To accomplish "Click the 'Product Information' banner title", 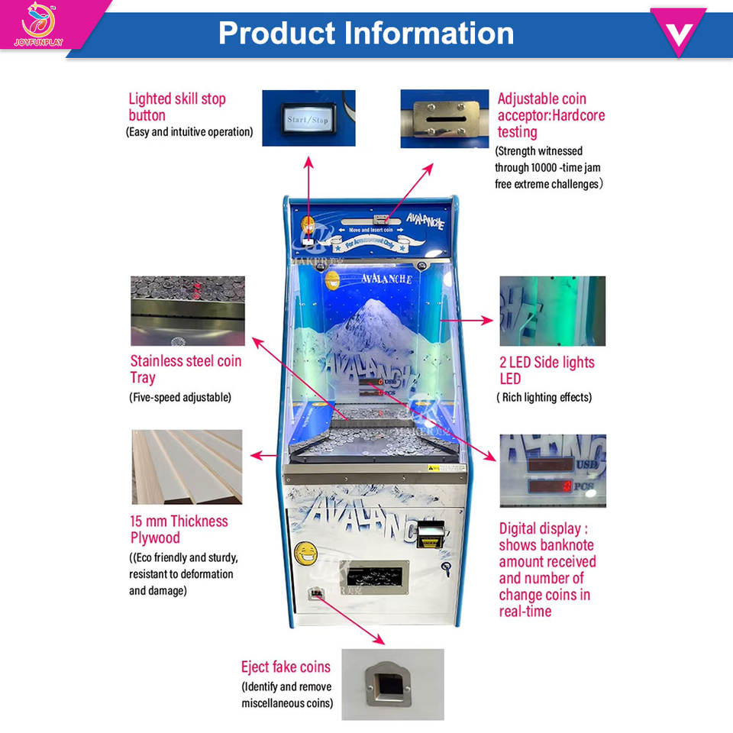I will click(x=366, y=33).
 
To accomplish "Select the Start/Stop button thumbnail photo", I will click(x=308, y=118).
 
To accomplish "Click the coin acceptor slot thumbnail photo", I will click(x=444, y=118).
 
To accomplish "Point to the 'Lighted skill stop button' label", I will click(x=177, y=107).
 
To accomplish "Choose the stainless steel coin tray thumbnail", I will click(x=188, y=311).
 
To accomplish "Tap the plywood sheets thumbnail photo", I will click(x=188, y=467).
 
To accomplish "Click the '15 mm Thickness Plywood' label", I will click(x=179, y=529).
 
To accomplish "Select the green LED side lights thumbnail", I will click(x=552, y=311).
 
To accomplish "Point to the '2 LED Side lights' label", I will click(x=547, y=370).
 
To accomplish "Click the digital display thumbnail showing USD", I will click(x=553, y=470).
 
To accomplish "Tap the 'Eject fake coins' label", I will click(x=286, y=667).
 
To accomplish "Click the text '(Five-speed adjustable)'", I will click(x=180, y=397).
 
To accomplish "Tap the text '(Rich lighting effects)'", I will click(x=544, y=397).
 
